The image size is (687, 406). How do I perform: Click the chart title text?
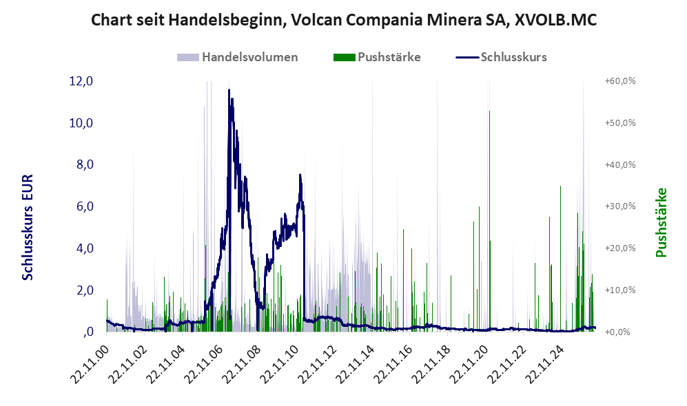click(343, 20)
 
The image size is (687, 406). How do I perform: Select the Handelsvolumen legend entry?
click(237, 57)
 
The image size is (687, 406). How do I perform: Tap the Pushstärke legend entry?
click(377, 57)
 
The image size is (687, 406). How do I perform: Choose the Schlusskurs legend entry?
click(501, 57)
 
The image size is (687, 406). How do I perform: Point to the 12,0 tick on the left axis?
click(81, 81)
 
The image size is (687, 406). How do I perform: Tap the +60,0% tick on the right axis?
click(620, 81)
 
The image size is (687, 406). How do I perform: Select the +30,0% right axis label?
click(620, 206)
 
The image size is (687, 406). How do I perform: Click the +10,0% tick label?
click(620, 290)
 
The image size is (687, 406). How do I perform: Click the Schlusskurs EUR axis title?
click(27, 228)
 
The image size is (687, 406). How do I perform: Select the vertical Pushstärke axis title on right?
click(661, 222)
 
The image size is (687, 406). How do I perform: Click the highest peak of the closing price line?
click(229, 90)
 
